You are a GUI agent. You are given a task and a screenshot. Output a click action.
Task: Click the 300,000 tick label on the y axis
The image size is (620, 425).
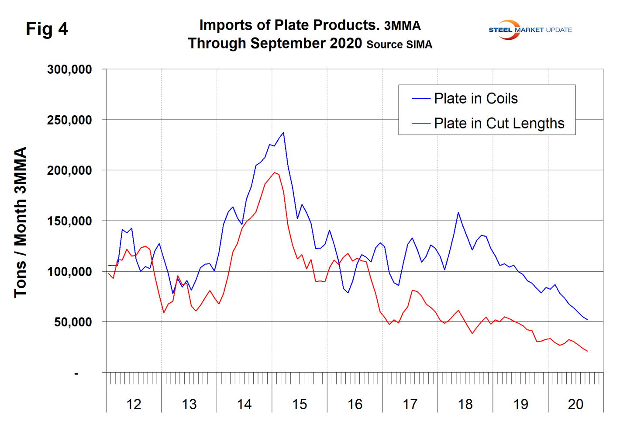click(69, 69)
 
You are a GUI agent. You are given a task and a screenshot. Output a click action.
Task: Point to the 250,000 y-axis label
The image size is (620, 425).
click(69, 120)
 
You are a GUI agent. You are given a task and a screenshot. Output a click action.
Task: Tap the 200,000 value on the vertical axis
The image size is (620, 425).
click(69, 170)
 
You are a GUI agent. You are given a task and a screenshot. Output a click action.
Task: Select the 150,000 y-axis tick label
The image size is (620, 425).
click(69, 221)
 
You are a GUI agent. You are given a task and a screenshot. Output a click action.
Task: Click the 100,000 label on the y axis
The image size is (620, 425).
click(69, 272)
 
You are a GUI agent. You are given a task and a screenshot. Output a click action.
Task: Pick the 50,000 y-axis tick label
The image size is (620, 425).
click(73, 322)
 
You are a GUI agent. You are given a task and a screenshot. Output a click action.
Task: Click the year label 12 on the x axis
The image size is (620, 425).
click(134, 404)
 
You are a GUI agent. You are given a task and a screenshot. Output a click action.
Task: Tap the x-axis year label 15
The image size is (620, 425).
click(300, 404)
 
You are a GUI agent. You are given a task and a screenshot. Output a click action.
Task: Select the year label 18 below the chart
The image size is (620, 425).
click(465, 404)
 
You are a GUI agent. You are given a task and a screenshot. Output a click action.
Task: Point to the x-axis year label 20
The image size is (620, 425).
click(575, 404)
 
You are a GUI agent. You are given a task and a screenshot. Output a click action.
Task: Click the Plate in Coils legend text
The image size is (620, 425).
click(475, 99)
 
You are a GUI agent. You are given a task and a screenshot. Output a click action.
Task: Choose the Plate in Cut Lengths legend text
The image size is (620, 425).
click(499, 124)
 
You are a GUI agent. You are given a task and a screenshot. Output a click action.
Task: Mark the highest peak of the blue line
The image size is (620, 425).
click(283, 132)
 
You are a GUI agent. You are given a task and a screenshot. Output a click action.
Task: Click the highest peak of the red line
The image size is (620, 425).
click(275, 173)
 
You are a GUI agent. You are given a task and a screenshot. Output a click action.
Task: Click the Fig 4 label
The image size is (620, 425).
click(47, 29)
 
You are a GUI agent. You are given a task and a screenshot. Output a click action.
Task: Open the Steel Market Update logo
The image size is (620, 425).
click(530, 30)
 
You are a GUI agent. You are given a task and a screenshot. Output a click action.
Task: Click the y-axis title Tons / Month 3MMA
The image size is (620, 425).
click(21, 222)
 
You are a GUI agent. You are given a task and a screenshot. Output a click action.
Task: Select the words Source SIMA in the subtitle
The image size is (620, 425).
click(399, 45)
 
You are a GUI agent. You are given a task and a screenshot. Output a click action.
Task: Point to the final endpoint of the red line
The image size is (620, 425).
click(587, 351)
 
